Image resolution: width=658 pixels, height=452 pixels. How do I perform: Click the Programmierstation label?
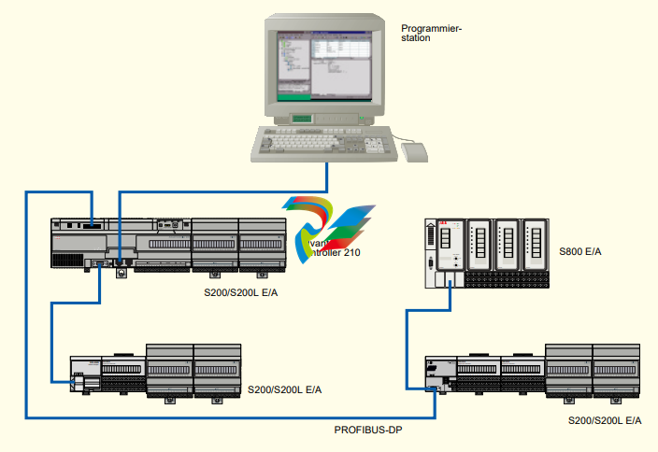[x=432, y=34]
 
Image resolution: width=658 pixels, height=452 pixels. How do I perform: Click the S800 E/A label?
[x=579, y=252]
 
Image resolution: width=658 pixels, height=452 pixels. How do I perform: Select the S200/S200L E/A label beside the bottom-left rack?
[x=284, y=388]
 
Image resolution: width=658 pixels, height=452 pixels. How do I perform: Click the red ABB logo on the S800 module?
[x=442, y=226]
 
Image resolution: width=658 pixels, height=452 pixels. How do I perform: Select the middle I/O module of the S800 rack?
[x=508, y=247]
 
